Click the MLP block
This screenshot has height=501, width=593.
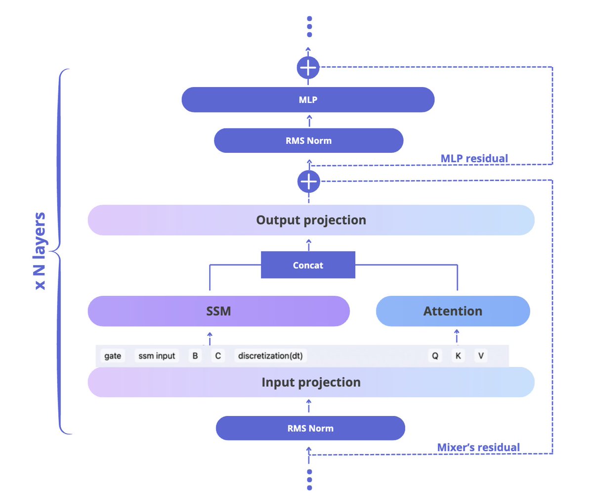pos(308,99)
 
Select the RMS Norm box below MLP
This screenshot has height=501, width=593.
pos(308,140)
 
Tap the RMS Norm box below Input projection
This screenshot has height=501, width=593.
pos(310,428)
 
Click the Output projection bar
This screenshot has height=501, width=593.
pos(311,220)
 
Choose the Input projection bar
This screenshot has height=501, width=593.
pos(311,382)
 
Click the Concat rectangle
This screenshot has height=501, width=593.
pos(308,265)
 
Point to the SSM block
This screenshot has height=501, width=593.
pos(218,311)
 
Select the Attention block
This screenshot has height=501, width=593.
pos(453,311)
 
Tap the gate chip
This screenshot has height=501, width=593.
pos(113,356)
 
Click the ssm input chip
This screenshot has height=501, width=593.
pos(157,356)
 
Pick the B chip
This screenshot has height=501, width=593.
pos(195,356)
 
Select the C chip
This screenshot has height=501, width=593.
pos(218,356)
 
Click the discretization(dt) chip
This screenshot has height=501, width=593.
pos(270,356)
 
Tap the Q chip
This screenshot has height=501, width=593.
pos(435,356)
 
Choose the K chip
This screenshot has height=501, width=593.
pos(458,356)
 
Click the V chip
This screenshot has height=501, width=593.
pos(481,356)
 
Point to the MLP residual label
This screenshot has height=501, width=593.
pos(474,158)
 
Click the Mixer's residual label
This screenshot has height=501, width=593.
pos(478,447)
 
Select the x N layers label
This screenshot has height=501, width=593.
pos(40,251)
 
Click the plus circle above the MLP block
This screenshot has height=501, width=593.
pos(308,68)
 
